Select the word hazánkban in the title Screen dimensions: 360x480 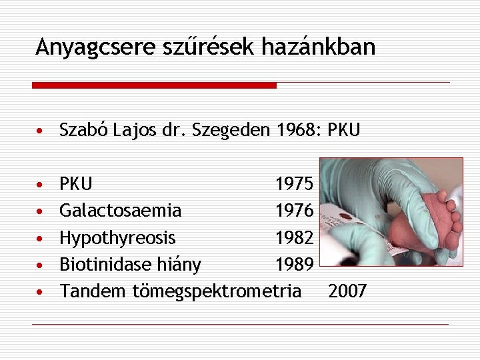click(319, 47)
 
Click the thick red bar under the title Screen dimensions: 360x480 click(154, 85)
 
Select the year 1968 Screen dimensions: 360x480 click(296, 129)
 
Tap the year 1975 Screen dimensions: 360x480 click(294, 183)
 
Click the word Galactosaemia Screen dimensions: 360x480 click(120, 211)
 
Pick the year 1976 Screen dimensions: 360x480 click(294, 211)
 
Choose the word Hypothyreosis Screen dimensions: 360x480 click(117, 238)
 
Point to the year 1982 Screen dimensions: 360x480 click(294, 238)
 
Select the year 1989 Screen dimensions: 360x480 click(294, 265)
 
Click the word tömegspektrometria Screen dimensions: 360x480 click(217, 292)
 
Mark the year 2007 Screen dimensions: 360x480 click(347, 292)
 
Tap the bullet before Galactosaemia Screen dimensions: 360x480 click(41, 211)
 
